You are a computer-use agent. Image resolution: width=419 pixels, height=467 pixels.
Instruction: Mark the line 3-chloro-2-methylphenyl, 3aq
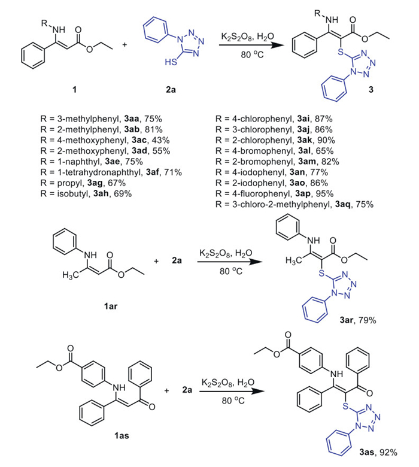[294, 204]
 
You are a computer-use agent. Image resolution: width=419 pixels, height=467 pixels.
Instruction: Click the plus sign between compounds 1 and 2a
[126, 46]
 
